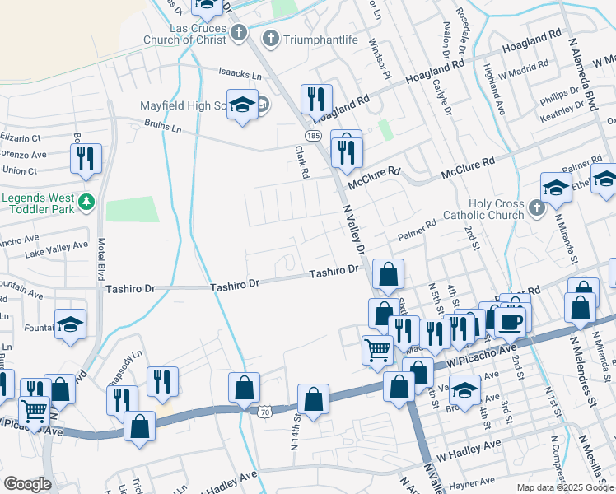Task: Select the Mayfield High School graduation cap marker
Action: click(242, 105)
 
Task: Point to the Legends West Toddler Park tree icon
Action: click(86, 200)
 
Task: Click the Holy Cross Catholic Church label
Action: click(496, 209)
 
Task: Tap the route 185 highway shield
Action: click(312, 133)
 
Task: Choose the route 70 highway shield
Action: click(264, 411)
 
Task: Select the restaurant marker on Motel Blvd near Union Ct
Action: click(86, 157)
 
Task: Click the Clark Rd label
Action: click(302, 162)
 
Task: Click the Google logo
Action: click(27, 484)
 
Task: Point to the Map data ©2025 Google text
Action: click(564, 487)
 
